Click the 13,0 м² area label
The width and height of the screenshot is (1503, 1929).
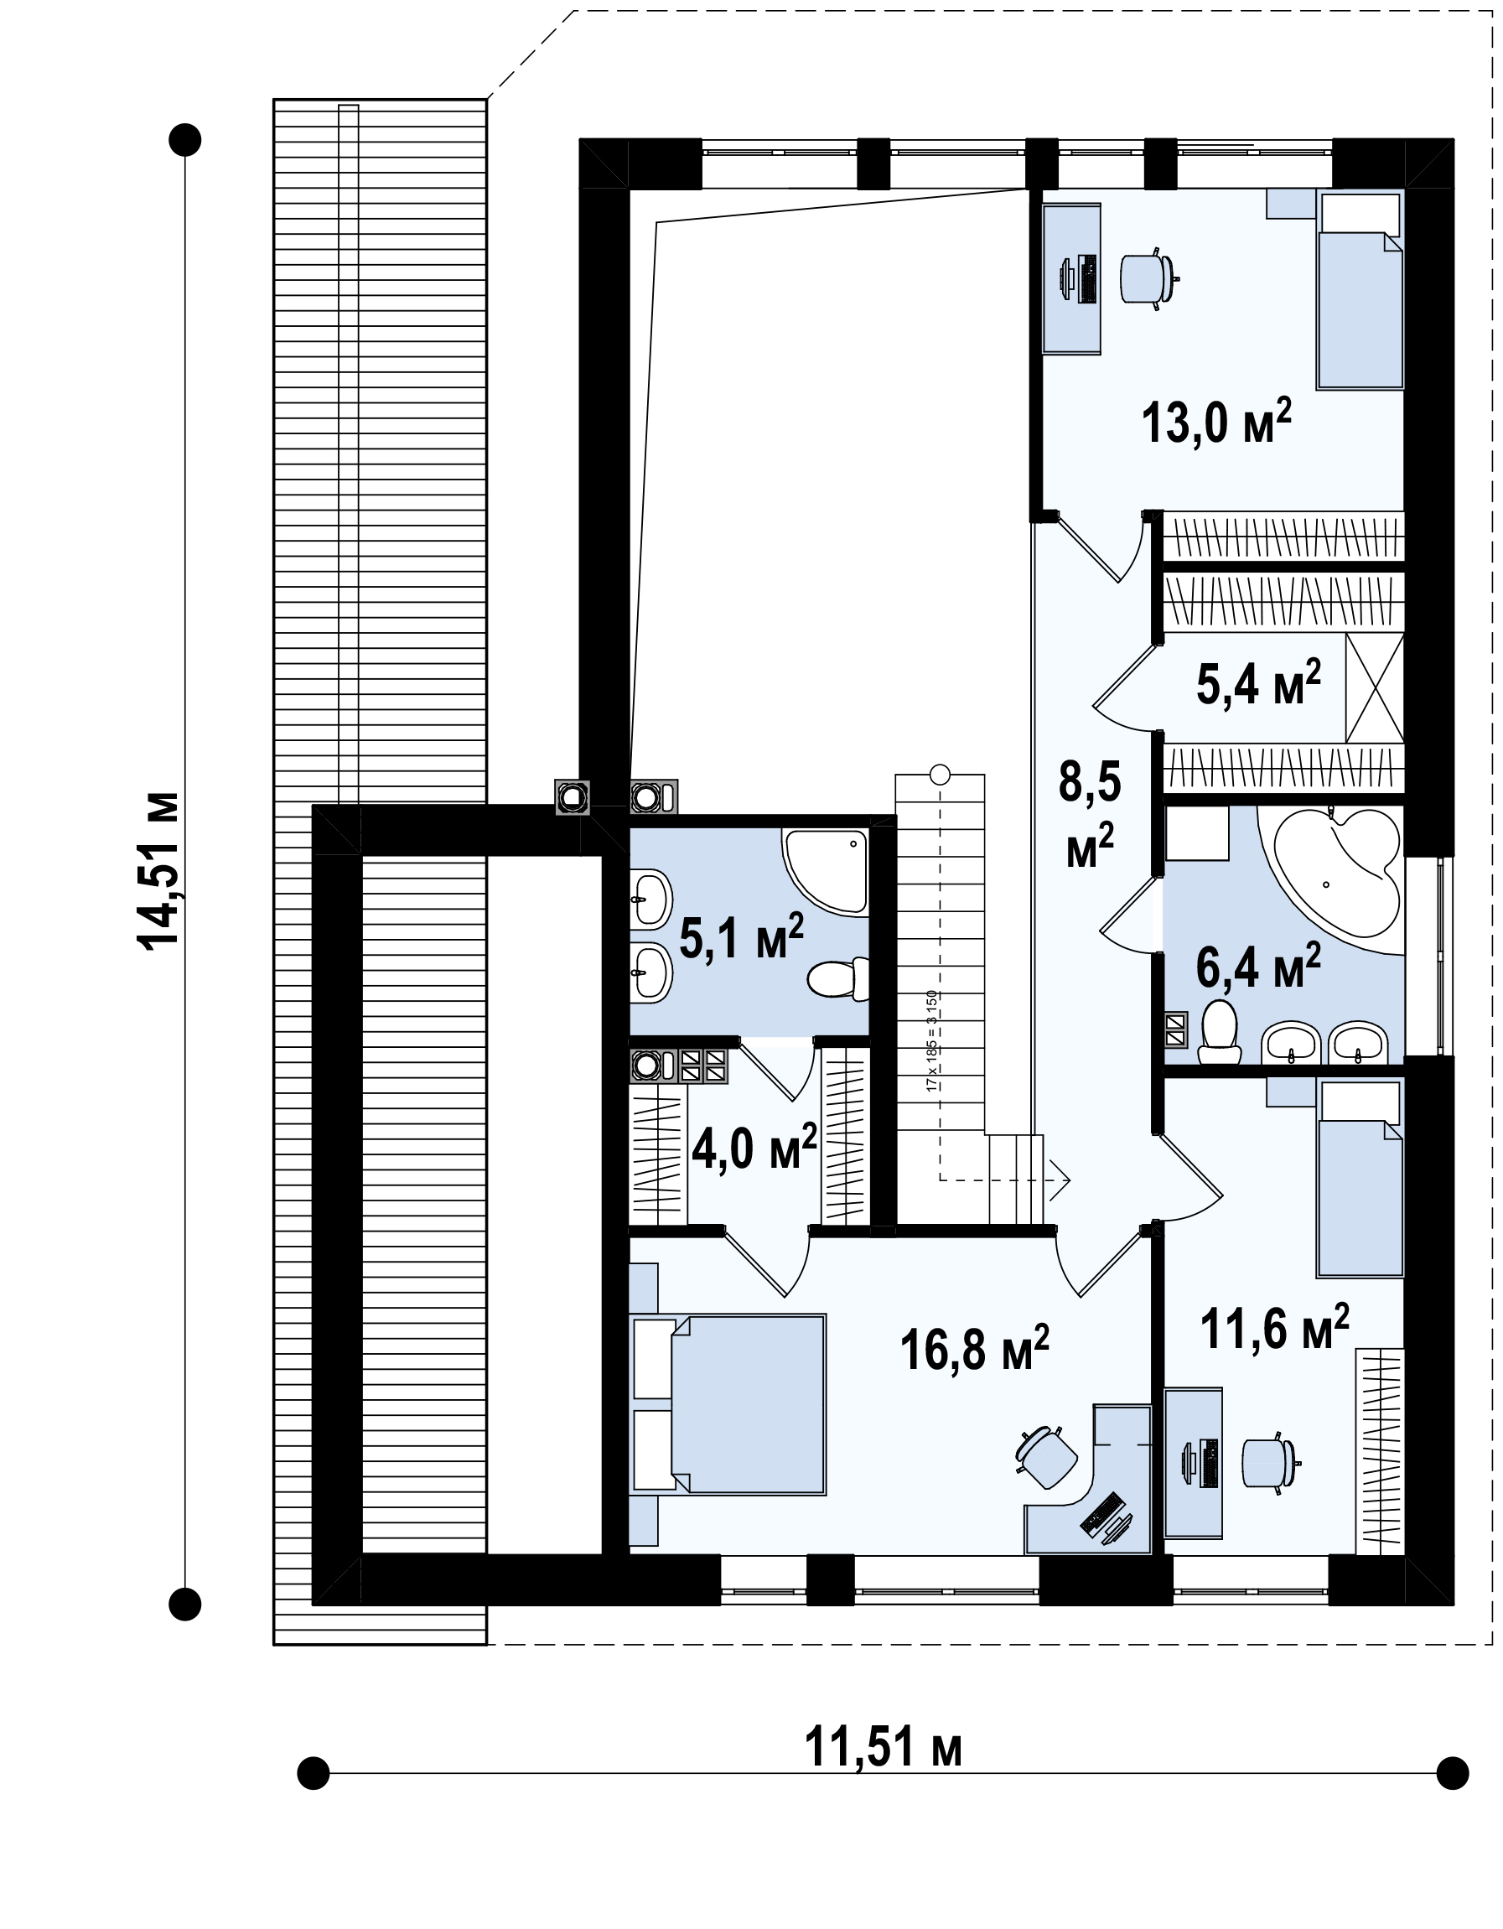(x=1216, y=423)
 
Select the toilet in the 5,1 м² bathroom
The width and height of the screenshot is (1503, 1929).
(x=838, y=979)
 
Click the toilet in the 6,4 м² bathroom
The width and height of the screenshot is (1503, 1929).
(x=1221, y=1031)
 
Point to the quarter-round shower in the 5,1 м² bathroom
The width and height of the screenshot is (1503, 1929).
(x=825, y=870)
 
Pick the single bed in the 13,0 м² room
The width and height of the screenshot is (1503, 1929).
(x=1360, y=291)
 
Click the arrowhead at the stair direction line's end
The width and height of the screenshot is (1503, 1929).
(x=1063, y=1180)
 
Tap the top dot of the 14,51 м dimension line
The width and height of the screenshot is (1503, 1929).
(x=185, y=139)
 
